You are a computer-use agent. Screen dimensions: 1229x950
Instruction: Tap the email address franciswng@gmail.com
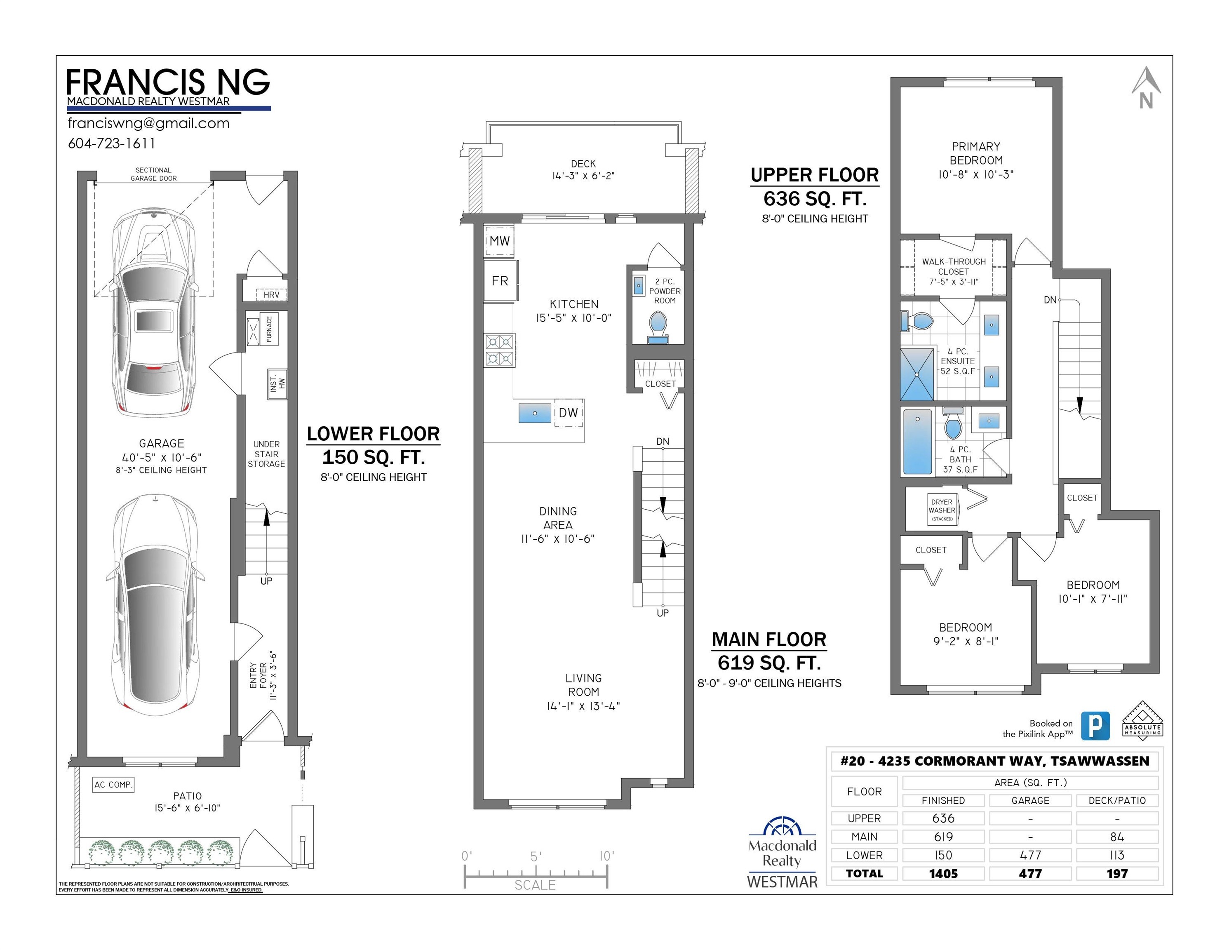click(x=148, y=123)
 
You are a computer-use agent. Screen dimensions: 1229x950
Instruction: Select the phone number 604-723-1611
click(x=111, y=143)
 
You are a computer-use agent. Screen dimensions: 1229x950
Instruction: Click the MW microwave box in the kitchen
click(x=499, y=241)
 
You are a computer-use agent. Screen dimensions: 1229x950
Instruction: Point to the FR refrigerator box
click(x=500, y=280)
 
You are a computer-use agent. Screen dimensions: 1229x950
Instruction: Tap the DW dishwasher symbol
click(x=569, y=412)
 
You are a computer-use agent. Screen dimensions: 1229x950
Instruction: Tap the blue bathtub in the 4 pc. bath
click(x=918, y=442)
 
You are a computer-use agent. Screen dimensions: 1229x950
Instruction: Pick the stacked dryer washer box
click(x=942, y=509)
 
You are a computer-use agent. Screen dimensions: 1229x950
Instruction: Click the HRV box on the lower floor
click(x=271, y=294)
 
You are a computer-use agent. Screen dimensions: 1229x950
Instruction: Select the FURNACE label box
click(x=269, y=329)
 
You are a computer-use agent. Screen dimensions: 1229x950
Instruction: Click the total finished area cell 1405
click(x=943, y=873)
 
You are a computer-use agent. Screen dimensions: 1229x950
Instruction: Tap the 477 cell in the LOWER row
click(x=1030, y=855)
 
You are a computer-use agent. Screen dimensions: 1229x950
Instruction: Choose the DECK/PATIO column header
click(x=1117, y=800)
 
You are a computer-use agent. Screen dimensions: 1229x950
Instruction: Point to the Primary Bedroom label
click(x=976, y=153)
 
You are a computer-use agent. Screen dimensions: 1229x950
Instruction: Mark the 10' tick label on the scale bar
click(x=606, y=856)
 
